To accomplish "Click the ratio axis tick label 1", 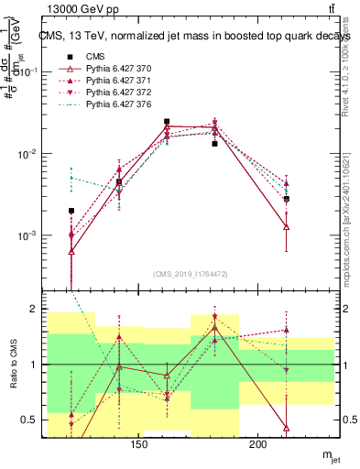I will point(31,365).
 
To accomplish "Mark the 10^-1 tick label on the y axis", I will point(26,71).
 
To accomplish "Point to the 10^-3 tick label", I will point(26,235).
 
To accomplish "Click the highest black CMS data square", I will point(167,122).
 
